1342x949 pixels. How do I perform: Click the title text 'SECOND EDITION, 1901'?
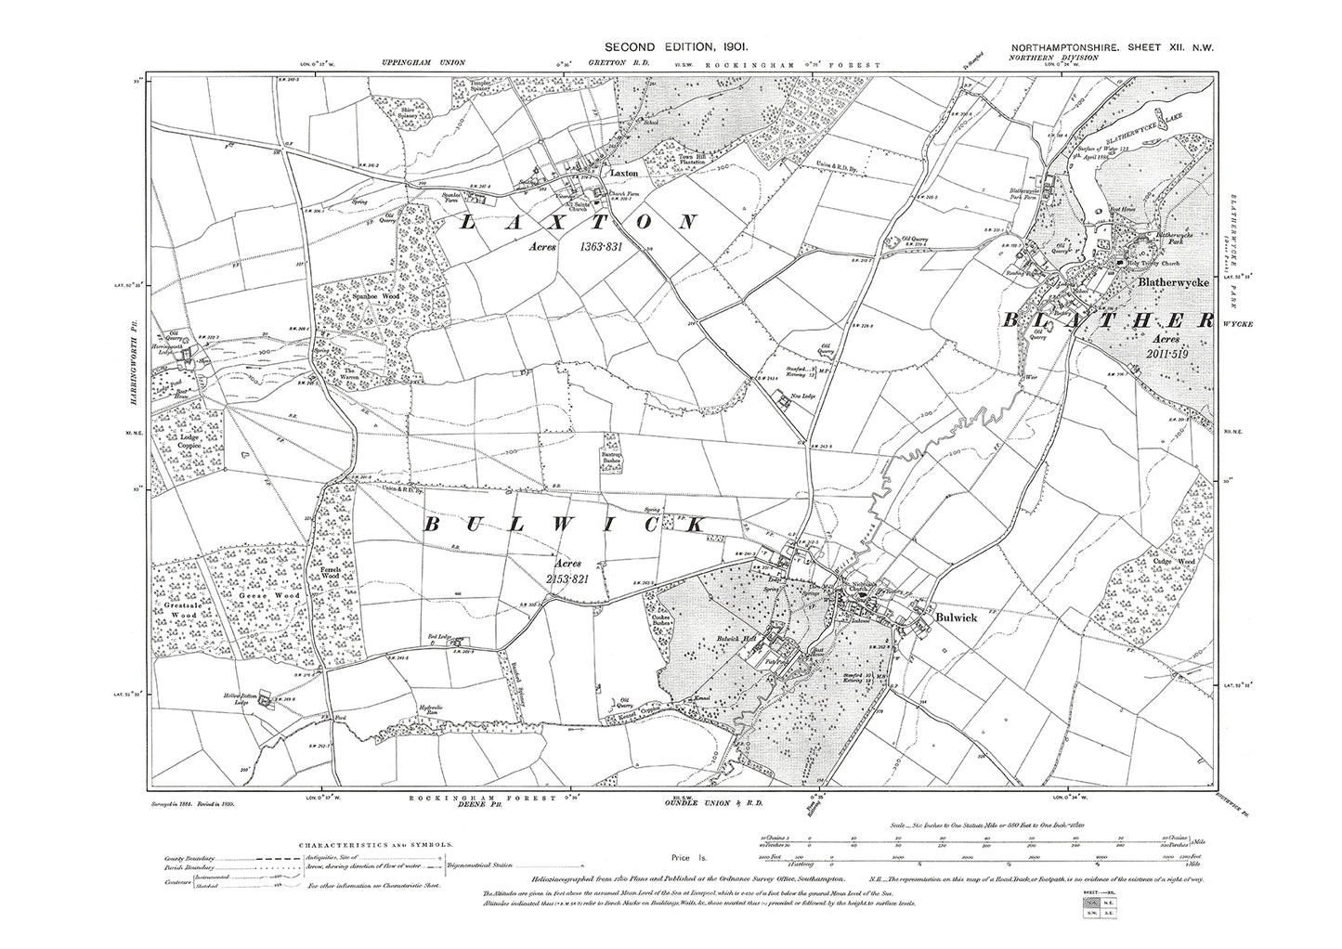670,45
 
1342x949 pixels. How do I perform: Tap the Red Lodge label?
438,637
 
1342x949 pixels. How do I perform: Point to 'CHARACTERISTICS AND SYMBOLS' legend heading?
376,845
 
